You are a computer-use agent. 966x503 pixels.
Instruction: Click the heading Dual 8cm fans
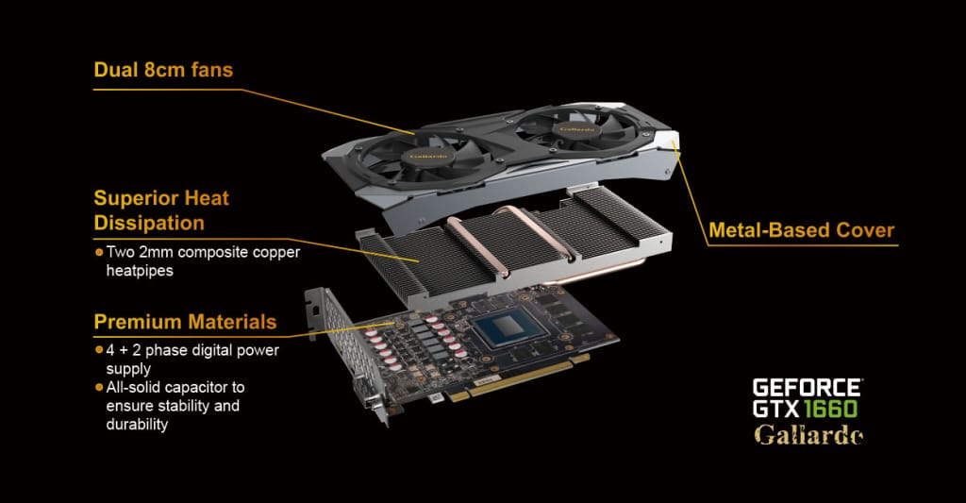coord(163,70)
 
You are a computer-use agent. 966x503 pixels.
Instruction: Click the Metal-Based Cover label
coord(802,230)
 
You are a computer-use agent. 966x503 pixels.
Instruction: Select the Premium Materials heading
coord(185,322)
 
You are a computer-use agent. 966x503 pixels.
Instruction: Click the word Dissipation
coord(149,223)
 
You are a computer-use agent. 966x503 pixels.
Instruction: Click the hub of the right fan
coord(577,129)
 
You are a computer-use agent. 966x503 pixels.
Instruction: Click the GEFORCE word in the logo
coord(807,388)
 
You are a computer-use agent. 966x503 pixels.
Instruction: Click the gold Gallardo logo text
coord(808,434)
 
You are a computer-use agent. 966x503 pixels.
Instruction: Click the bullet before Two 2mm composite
coord(98,252)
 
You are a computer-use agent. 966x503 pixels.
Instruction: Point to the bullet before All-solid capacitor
coord(98,388)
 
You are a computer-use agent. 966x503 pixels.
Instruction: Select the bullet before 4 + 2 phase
coord(98,350)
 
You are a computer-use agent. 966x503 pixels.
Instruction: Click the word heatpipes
coord(140,271)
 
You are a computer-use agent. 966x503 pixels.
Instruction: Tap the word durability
coord(137,425)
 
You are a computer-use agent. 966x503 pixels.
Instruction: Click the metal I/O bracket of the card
coord(346,352)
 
